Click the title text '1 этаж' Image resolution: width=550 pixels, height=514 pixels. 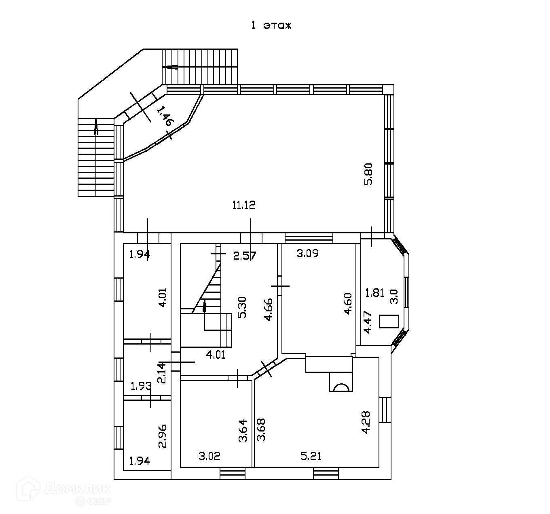tap(271, 25)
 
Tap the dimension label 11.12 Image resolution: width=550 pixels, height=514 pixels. tap(244, 205)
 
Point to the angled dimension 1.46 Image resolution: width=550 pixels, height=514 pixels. tap(165, 116)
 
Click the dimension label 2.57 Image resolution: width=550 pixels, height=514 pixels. tap(245, 255)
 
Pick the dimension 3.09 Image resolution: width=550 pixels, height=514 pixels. tap(308, 254)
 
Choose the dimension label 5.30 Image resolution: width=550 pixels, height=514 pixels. tap(242, 308)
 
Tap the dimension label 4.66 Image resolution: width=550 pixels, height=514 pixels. tap(268, 310)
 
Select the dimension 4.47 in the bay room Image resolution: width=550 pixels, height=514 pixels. tap(368, 322)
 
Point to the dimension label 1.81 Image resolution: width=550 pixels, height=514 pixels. tap(374, 293)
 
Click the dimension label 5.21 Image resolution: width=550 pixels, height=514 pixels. tap(311, 457)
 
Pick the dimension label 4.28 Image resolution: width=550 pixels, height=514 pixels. tap(366, 422)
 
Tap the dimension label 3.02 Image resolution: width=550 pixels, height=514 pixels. tap(209, 457)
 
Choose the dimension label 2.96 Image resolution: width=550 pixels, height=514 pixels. tap(163, 436)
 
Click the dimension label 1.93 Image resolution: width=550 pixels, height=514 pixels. tap(141, 386)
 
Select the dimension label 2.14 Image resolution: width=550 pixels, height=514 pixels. tap(162, 372)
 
